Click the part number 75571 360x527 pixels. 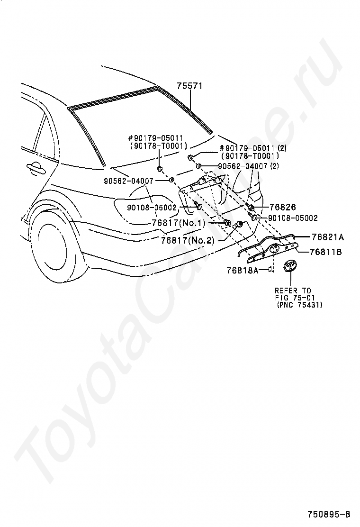190,86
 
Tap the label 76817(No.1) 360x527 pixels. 178,223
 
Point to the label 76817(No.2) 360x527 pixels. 188,240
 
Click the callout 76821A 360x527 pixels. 328,237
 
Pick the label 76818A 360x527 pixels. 243,270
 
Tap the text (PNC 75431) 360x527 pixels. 299,305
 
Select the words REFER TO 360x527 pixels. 293,291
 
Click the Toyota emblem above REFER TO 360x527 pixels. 290,268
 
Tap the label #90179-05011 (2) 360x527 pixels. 253,148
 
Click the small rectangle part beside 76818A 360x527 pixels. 270,269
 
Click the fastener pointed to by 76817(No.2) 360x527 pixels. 240,224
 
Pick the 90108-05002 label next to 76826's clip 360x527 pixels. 293,218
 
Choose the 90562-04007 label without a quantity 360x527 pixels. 129,181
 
